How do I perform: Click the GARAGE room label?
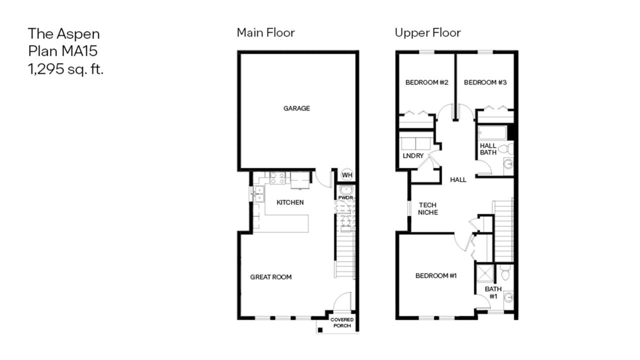click(296, 108)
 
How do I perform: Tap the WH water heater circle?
click(347, 175)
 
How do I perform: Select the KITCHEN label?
click(290, 202)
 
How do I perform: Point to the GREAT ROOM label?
click(271, 277)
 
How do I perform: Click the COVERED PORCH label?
click(342, 322)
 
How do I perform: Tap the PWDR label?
click(345, 197)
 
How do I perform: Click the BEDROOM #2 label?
click(427, 82)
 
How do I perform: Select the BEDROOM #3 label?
click(485, 82)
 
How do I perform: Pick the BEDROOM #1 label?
click(436, 275)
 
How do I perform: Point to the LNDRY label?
click(413, 155)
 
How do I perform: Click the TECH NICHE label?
click(427, 208)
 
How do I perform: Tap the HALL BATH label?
click(488, 149)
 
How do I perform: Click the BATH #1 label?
click(493, 292)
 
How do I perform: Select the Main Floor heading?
click(265, 32)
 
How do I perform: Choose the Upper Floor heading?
click(427, 33)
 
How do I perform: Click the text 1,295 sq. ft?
click(65, 69)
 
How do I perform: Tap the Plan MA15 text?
click(63, 51)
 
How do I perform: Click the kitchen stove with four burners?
click(277, 178)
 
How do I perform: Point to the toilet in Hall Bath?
click(506, 149)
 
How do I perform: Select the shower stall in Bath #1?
click(485, 273)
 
